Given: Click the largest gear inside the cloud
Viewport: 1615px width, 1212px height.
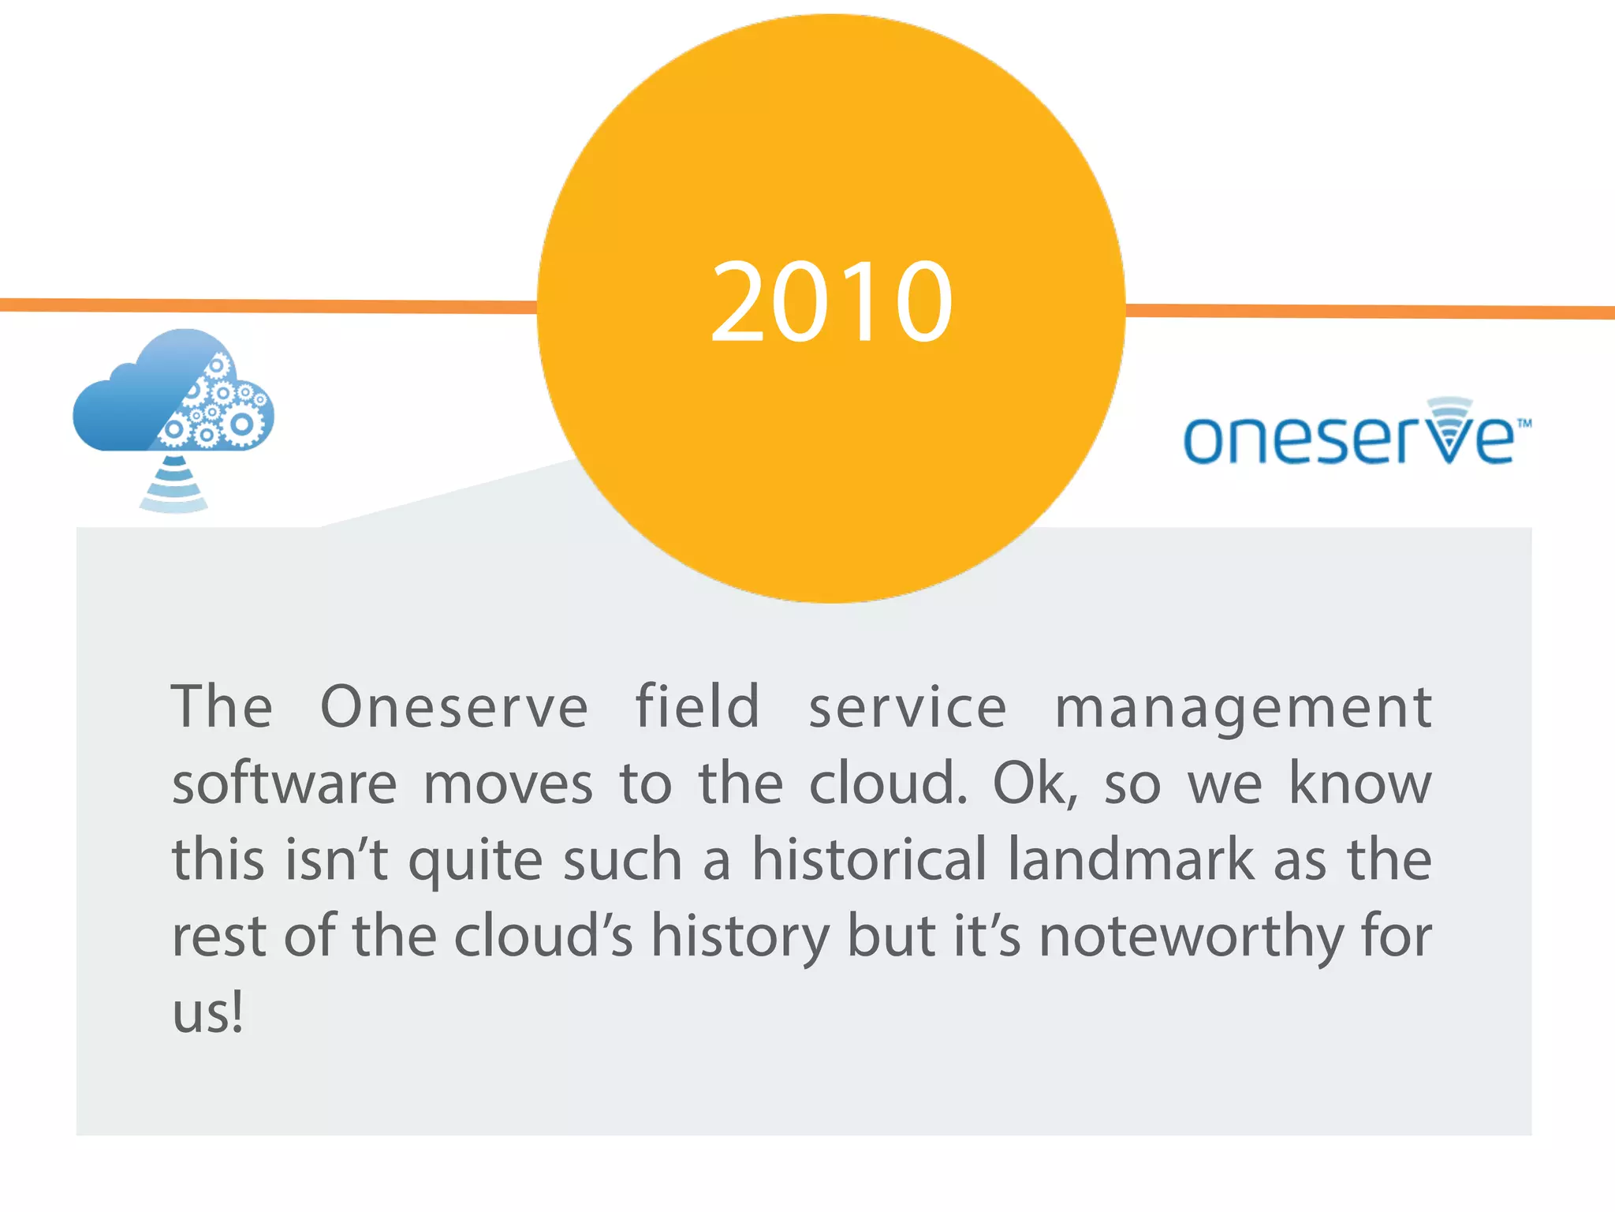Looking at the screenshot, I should [x=241, y=424].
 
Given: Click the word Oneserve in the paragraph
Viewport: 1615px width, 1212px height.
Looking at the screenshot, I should [x=454, y=706].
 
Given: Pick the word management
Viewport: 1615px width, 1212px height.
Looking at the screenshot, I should [x=1243, y=708].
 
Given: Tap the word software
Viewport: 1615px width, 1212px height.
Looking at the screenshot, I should [x=285, y=784].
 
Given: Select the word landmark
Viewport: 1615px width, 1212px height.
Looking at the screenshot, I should [x=1131, y=859].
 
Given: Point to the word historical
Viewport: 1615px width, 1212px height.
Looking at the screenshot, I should [x=868, y=859].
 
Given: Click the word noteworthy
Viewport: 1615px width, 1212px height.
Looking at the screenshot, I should [x=1191, y=937].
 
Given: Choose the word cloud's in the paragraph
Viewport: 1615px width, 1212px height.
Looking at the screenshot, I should [x=543, y=937].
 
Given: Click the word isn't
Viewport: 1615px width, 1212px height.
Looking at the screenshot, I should [x=336, y=859].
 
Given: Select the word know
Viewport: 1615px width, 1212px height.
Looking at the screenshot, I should [x=1360, y=784].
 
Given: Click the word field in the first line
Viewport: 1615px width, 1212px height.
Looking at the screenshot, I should [x=697, y=706].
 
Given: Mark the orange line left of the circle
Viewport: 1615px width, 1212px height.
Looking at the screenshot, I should [x=268, y=305].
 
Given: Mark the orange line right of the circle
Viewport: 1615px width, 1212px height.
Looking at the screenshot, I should [x=1372, y=311].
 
